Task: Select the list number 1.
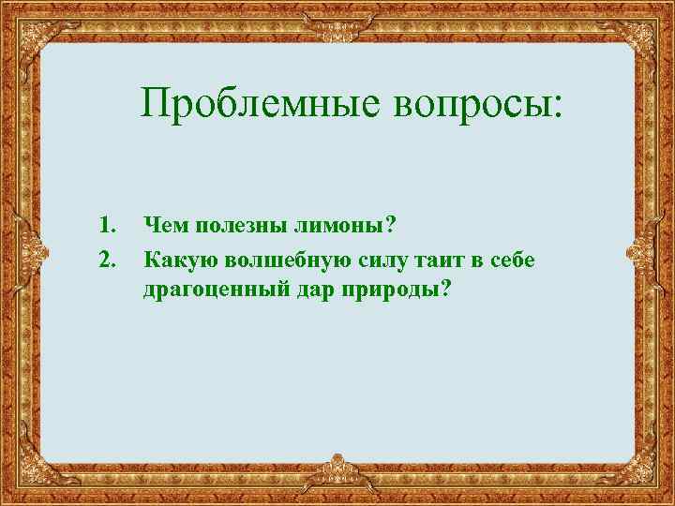pos(107,225)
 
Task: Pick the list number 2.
pos(107,258)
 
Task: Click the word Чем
pos(164,225)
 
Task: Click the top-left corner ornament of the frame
pos(23,23)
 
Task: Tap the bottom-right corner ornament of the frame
pos(652,483)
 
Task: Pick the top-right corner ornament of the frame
pos(652,23)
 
